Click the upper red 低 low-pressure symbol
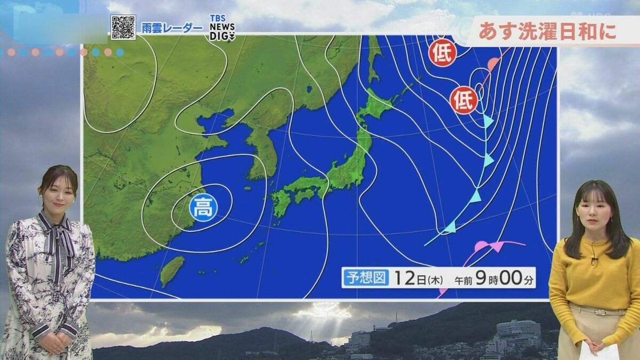[443, 53]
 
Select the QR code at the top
[123, 27]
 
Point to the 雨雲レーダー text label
[172, 28]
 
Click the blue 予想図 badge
[366, 277]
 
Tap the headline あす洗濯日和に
[547, 31]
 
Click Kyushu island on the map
[281, 203]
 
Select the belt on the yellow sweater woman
[598, 310]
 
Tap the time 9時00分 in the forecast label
[507, 278]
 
